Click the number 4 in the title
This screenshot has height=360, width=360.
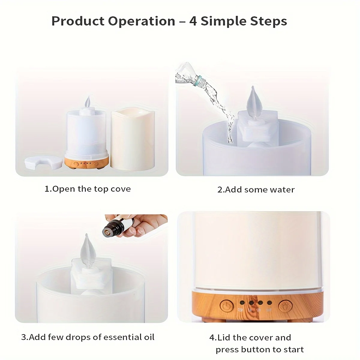click(193, 21)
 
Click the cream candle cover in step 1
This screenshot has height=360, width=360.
click(133, 139)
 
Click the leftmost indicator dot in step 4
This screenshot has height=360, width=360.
click(242, 302)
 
